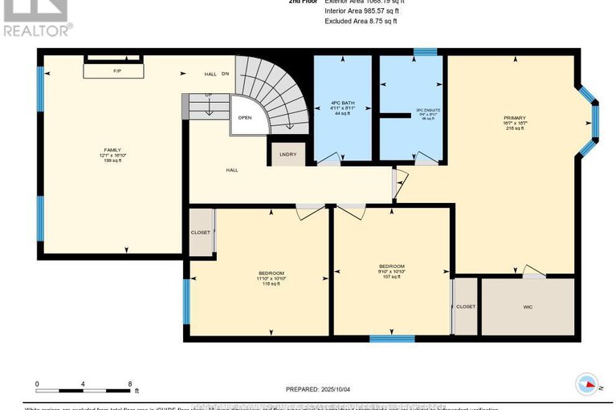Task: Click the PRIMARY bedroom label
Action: [513, 120]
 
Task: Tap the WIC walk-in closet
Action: [527, 306]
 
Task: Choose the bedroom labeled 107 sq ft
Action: [391, 271]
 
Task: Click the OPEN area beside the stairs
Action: [244, 117]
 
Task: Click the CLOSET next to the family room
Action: [201, 233]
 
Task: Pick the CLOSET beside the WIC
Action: [465, 306]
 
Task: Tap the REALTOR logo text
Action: [37, 30]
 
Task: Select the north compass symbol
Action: [589, 384]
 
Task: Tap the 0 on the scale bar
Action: [36, 384]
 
